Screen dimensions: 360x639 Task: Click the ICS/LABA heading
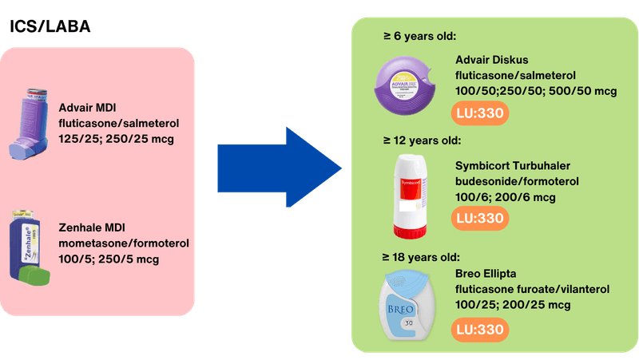[x=50, y=26]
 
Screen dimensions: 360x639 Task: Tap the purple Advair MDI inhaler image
[x=33, y=125]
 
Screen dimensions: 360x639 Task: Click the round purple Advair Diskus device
[x=407, y=89]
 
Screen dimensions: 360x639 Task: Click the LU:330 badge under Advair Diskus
[x=482, y=114]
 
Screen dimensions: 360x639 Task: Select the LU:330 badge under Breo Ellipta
[x=482, y=329]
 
